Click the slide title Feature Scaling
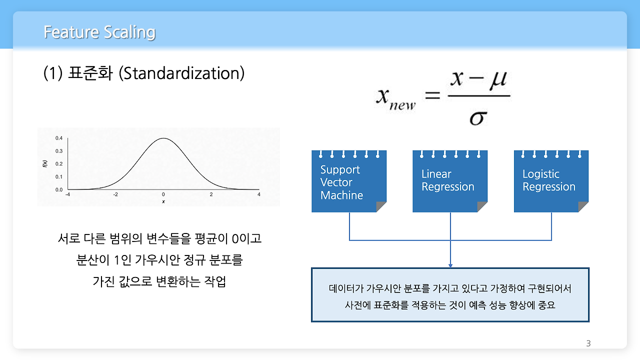pyautogui.click(x=99, y=32)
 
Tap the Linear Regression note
pyautogui.click(x=449, y=181)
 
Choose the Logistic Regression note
pyautogui.click(x=550, y=181)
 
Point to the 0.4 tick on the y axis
pyautogui.click(x=59, y=138)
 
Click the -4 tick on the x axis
pyautogui.click(x=67, y=194)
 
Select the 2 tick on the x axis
pyautogui.click(x=211, y=194)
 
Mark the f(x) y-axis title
pyautogui.click(x=45, y=163)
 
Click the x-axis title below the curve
pyautogui.click(x=163, y=201)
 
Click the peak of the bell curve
pyautogui.click(x=163, y=138)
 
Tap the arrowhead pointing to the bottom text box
pyautogui.click(x=450, y=265)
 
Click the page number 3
pyautogui.click(x=588, y=343)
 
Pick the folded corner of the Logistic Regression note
pyautogui.click(x=583, y=206)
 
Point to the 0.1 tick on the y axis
pyautogui.click(x=59, y=177)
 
